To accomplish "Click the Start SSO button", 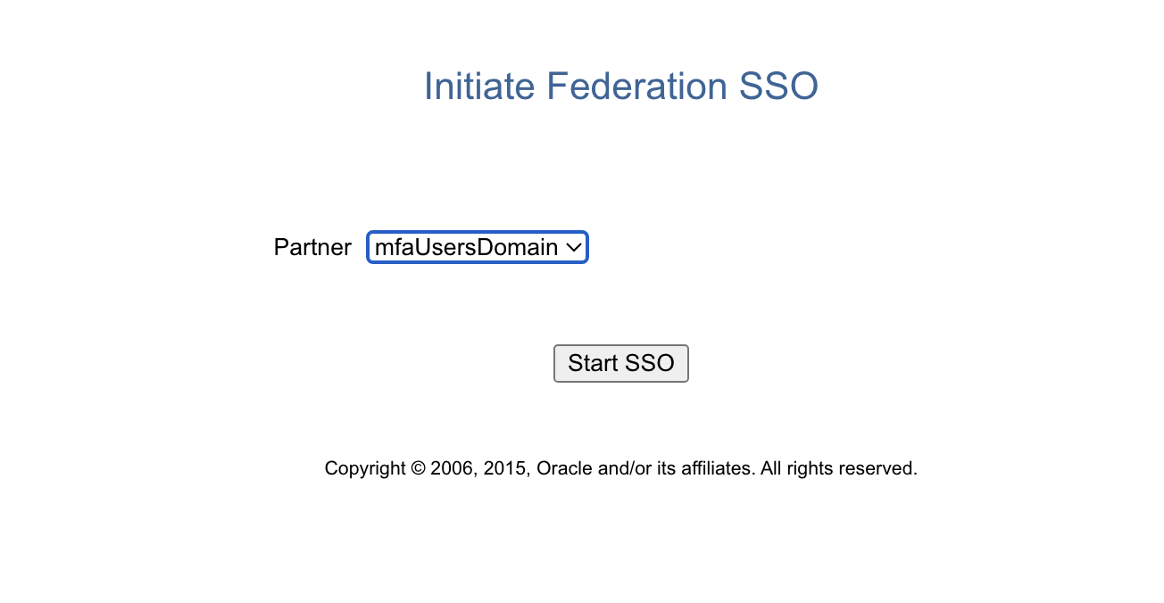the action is click(621, 363).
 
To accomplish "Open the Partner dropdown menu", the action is click(477, 247).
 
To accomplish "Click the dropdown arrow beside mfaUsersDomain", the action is click(574, 247).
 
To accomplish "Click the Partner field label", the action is click(312, 247).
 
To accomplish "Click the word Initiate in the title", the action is click(479, 86).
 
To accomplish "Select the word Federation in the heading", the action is click(636, 86).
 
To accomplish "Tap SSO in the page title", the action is click(778, 86).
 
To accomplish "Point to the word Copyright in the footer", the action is click(365, 468).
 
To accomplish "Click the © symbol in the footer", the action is click(418, 468).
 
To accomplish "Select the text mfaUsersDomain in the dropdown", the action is click(466, 247).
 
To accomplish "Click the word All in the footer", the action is click(770, 468).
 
